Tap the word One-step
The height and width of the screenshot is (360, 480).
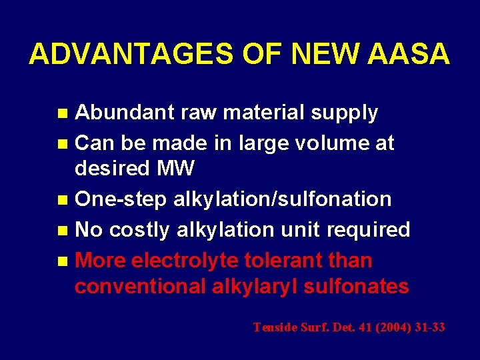(121, 199)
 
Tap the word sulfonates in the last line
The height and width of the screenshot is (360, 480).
(359, 287)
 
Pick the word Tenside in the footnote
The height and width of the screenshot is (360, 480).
(275, 327)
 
